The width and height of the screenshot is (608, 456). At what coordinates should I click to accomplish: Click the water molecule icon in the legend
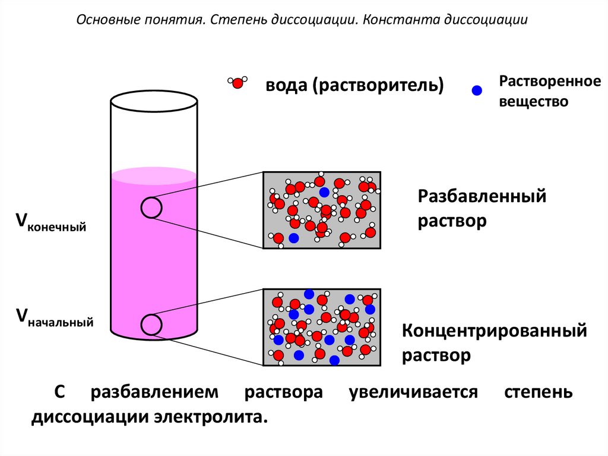pyautogui.click(x=237, y=83)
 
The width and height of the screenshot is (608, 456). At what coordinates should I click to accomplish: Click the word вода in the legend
pyautogui.click(x=283, y=85)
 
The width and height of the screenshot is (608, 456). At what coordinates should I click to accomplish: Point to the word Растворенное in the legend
pyautogui.click(x=549, y=81)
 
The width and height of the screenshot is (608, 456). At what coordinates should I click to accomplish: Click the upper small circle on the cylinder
pyautogui.click(x=151, y=207)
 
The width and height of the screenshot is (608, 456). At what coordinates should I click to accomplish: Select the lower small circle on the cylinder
pyautogui.click(x=151, y=324)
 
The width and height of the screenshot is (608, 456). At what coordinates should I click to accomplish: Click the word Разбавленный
pyautogui.click(x=482, y=196)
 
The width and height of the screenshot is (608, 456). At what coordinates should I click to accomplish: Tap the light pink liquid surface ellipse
pyautogui.click(x=154, y=175)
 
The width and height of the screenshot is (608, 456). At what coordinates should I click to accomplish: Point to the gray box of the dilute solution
pyautogui.click(x=322, y=210)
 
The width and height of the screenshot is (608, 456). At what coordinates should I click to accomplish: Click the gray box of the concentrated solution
pyautogui.click(x=322, y=327)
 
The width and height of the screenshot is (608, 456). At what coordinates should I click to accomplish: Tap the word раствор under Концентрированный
pyautogui.click(x=436, y=356)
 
